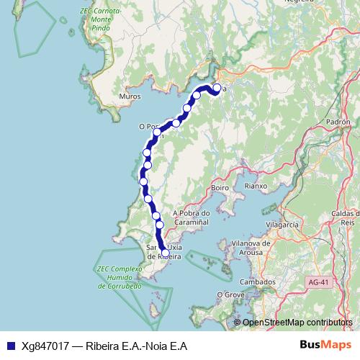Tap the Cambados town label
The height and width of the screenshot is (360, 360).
pos(258,282)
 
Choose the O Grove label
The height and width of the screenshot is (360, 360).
pos(230,294)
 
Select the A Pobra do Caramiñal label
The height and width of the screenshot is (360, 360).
pos(192,218)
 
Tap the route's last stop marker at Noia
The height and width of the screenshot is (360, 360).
pos(217,89)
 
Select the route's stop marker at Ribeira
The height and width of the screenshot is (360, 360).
pos(166,253)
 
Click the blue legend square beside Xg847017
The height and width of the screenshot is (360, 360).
pos(9,345)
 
